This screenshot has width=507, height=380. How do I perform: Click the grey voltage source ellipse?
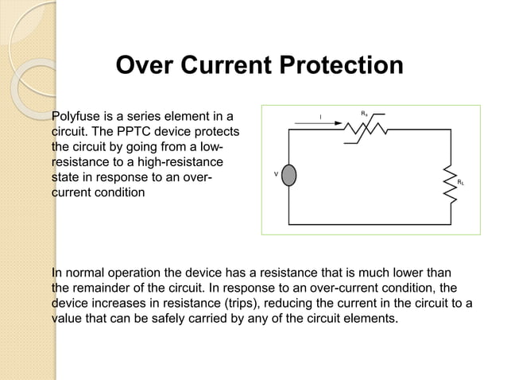click(x=289, y=175)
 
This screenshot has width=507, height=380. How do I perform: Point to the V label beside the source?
click(x=276, y=173)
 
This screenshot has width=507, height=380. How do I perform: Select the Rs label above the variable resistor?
click(x=364, y=114)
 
